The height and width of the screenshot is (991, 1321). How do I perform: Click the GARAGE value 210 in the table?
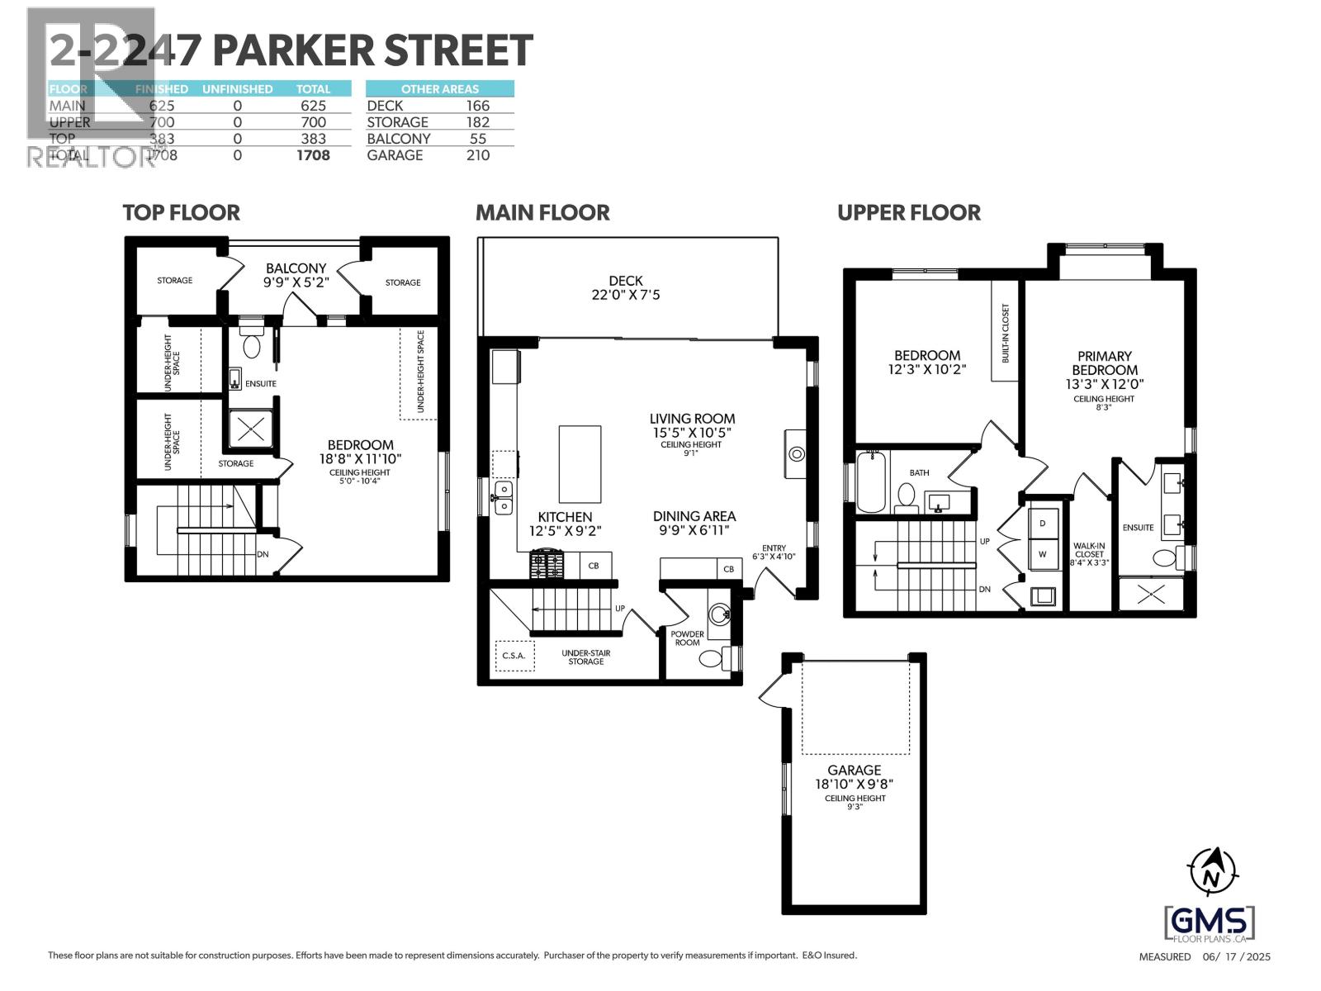coord(477,155)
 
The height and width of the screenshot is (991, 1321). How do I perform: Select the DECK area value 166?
coord(477,106)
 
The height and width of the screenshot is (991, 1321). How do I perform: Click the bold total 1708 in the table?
coord(313,155)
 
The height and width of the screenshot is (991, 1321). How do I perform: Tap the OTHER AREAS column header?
coord(439,89)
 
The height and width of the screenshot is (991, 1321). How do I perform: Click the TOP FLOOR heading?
coord(181,213)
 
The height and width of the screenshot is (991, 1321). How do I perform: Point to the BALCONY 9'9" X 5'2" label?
coord(296,275)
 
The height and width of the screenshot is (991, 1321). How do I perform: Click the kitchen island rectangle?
coord(580,464)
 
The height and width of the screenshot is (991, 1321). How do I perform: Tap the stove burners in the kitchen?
coord(546,566)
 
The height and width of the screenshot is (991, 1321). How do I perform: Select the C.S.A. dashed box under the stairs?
coord(514,656)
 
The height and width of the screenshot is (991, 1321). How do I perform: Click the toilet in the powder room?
coord(712,659)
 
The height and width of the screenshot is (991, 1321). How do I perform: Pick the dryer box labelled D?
coord(1043,524)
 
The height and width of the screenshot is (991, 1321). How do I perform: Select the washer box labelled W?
coord(1043,554)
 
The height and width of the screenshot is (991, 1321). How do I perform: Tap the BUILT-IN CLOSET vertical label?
coord(1006,334)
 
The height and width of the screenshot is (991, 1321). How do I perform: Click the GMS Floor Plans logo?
coord(1210,923)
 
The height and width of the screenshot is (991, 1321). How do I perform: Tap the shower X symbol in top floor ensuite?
coord(250,429)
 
